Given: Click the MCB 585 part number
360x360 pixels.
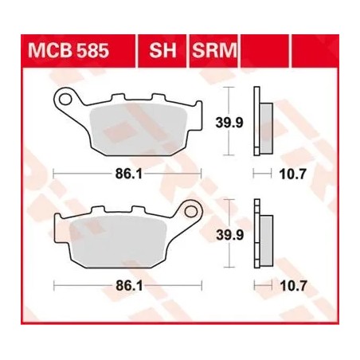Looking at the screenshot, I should [x=68, y=53].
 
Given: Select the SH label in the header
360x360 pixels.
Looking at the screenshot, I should [x=160, y=53].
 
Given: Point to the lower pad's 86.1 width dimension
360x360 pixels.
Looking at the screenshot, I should [x=127, y=284].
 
